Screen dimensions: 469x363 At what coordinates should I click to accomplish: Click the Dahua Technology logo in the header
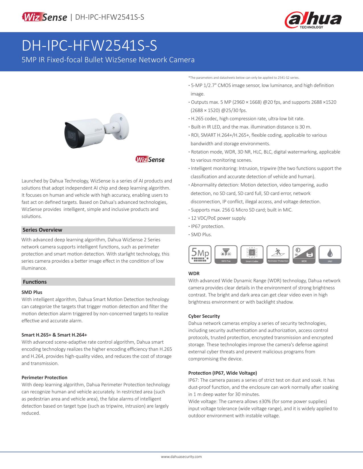point(313,20)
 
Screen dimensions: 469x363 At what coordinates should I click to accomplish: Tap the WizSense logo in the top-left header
point(44,17)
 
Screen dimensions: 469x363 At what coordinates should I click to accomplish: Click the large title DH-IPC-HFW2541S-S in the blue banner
point(89,46)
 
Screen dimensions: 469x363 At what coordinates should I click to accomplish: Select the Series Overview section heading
point(42,230)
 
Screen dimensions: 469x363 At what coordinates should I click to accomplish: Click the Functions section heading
point(35,282)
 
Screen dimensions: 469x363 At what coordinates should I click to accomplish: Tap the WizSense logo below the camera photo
point(150,159)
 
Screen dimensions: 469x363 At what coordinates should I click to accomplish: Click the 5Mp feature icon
point(200,254)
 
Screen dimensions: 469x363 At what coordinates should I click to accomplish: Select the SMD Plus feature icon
point(226,254)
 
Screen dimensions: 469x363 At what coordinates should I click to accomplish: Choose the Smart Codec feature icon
point(252,254)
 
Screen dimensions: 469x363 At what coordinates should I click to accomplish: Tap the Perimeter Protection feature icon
point(278,254)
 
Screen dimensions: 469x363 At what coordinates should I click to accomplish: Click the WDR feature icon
point(304,254)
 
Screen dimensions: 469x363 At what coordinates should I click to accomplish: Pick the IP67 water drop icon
point(330,254)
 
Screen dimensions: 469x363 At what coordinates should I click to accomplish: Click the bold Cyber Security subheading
point(204,316)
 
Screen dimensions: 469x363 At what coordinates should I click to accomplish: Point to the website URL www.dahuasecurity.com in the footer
point(181,456)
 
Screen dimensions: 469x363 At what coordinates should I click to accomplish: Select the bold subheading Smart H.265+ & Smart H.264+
point(54,335)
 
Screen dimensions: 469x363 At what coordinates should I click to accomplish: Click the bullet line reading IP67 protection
point(208,226)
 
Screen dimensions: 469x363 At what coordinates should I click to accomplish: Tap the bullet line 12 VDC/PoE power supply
point(218,218)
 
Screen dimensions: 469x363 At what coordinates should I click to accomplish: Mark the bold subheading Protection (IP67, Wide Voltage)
point(223,373)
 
